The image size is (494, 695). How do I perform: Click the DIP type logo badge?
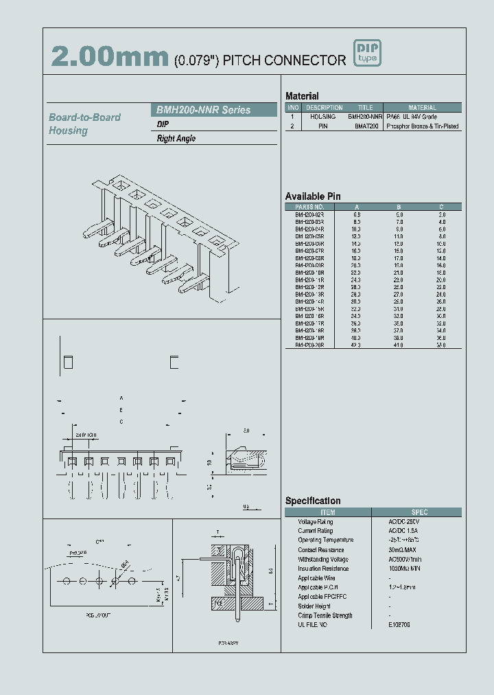click(x=366, y=53)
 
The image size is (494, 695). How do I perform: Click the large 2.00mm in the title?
click(x=110, y=58)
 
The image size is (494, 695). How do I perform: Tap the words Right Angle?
click(x=176, y=139)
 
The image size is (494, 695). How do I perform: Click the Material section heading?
click(x=302, y=96)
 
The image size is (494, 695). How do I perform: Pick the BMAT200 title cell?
click(x=366, y=126)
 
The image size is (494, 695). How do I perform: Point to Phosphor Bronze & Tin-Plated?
click(x=423, y=126)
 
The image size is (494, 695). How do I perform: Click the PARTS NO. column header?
click(x=309, y=207)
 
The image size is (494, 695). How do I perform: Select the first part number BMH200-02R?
click(x=309, y=214)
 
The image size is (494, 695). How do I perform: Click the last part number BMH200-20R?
click(x=309, y=345)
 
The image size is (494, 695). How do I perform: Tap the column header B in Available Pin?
click(x=399, y=207)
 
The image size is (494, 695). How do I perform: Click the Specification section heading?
click(x=313, y=501)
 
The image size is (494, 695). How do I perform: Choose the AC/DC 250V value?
click(x=403, y=522)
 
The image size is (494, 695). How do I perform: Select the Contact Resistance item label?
click(x=322, y=550)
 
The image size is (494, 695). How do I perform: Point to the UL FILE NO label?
click(x=312, y=624)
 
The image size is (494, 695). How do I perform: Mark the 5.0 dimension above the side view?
click(x=246, y=431)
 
